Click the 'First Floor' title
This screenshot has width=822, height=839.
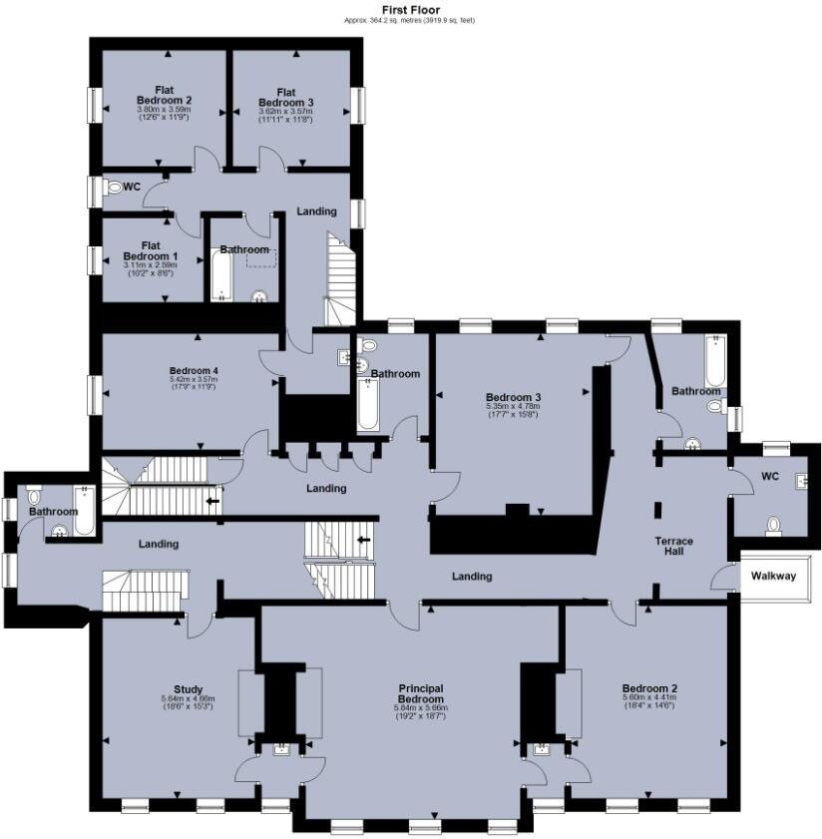pos(411,9)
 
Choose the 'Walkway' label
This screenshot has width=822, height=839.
pos(774,575)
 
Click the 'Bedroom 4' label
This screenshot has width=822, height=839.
pos(194,370)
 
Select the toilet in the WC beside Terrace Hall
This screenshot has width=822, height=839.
pos(772,524)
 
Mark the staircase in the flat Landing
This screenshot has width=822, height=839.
pos(341,275)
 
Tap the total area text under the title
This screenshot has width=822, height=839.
pos(410,20)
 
